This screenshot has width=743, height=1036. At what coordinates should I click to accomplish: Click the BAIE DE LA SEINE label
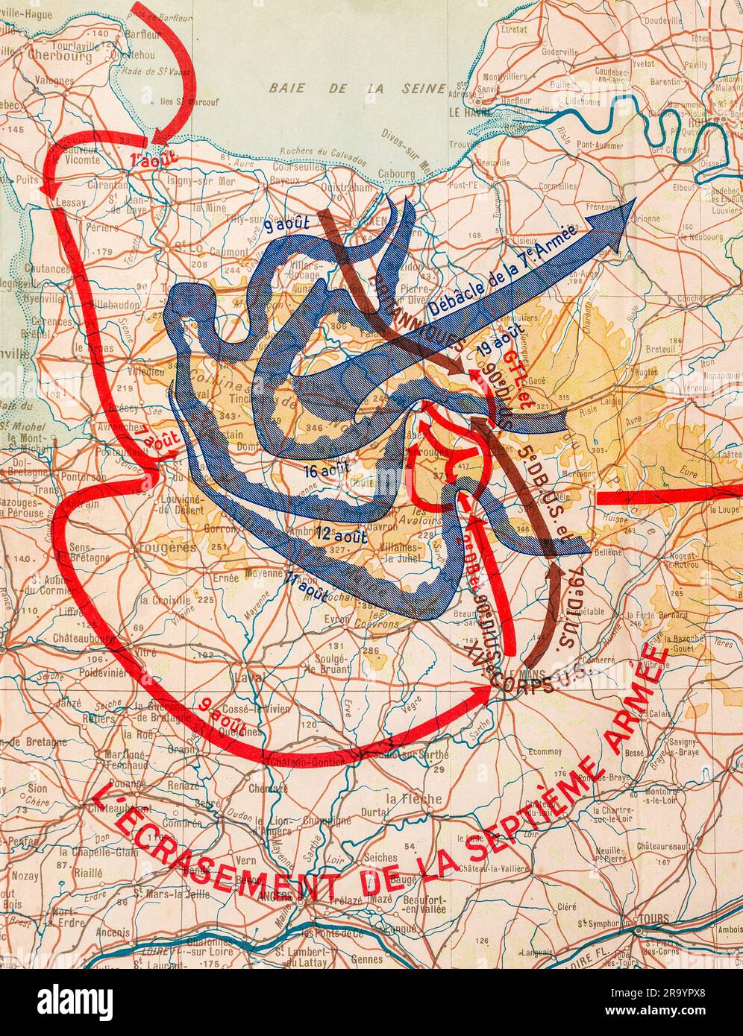[x=346, y=88]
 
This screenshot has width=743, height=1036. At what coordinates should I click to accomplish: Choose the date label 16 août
[x=326, y=470]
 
